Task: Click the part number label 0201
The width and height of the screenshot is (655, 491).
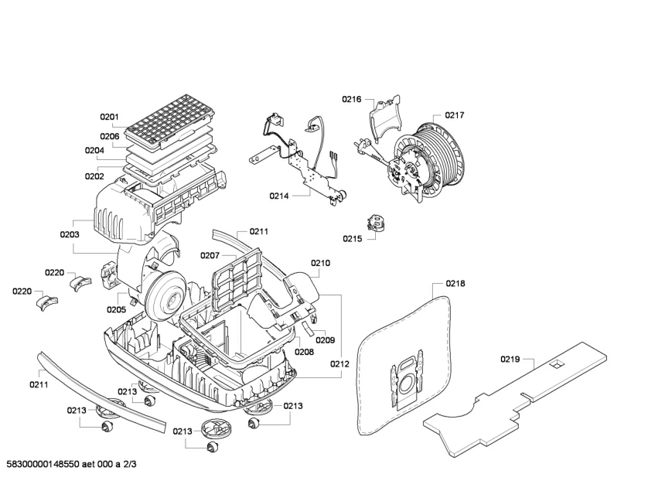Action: coord(109,118)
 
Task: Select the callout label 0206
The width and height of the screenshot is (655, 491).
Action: coord(109,136)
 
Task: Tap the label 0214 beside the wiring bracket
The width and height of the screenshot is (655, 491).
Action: coord(279,196)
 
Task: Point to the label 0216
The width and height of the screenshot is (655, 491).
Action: coord(352,99)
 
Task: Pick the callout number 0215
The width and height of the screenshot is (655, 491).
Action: coord(352,239)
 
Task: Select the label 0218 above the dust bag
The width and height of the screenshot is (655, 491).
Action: coord(455,284)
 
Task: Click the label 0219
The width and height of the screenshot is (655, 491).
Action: coord(510,359)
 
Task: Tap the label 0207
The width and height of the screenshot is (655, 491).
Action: coord(210,255)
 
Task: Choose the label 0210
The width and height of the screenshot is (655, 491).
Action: coord(320,263)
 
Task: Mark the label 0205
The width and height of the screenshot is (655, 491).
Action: coord(116,309)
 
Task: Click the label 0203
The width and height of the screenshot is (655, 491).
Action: coord(70,234)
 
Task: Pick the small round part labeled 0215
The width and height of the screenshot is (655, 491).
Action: coord(377,223)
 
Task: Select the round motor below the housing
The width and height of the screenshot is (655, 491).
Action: coord(164,295)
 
